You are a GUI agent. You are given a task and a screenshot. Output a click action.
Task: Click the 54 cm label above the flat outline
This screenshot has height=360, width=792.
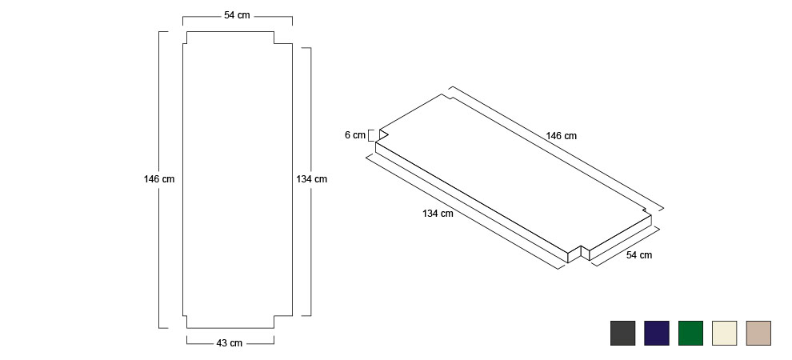pyautogui.click(x=237, y=15)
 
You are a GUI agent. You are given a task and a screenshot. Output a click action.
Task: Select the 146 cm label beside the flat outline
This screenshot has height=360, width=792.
pyautogui.click(x=159, y=178)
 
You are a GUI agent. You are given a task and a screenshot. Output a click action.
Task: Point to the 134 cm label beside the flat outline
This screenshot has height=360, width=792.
pyautogui.click(x=312, y=178)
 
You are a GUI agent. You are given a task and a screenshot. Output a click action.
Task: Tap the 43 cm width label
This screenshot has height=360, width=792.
pyautogui.click(x=230, y=343)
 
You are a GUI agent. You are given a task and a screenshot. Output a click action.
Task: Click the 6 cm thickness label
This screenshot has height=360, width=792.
pyautogui.click(x=355, y=135)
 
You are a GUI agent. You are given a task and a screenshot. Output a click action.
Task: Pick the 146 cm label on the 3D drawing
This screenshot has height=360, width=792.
pyautogui.click(x=561, y=136)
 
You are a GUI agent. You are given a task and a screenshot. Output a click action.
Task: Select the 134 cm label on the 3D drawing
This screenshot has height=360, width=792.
pyautogui.click(x=438, y=214)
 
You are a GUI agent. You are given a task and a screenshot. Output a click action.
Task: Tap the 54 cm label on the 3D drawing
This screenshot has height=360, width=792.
pyautogui.click(x=639, y=255)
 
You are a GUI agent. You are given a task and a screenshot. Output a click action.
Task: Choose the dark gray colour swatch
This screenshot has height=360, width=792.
pyautogui.click(x=622, y=334)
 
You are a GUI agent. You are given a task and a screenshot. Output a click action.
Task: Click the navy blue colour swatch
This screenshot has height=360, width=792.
pyautogui.click(x=657, y=334)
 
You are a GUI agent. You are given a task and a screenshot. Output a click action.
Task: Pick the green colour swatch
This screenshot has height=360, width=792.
pyautogui.click(x=690, y=334)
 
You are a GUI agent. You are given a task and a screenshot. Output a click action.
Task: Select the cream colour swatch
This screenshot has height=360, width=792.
pyautogui.click(x=724, y=334)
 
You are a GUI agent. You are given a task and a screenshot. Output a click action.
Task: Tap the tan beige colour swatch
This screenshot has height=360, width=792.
pyautogui.click(x=758, y=334)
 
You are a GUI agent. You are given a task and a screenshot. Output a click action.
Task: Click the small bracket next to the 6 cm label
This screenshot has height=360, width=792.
pyautogui.click(x=370, y=135)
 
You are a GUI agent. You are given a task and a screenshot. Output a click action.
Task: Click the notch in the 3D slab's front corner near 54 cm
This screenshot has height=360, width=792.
pyautogui.click(x=581, y=253)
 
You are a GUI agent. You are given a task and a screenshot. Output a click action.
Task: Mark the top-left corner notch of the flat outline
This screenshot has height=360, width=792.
pyautogui.click(x=185, y=38)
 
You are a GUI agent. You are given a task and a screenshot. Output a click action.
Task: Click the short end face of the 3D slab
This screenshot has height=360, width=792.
pyautogui.click(x=620, y=238)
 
